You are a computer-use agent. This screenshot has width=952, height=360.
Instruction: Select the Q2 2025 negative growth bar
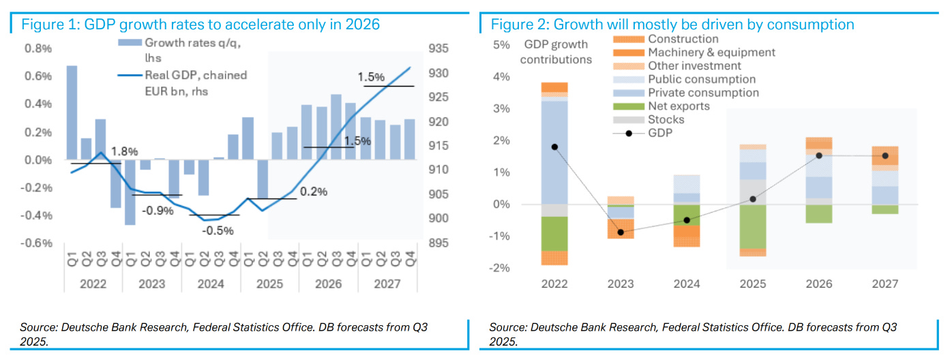pos(261,179)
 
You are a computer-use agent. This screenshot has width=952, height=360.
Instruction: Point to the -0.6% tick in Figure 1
pos(38,243)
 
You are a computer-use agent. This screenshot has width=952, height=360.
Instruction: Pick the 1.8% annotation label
pos(124,151)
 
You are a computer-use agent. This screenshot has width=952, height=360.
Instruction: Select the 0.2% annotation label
pos(313,192)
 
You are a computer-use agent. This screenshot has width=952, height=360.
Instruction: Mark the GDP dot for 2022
pos(554,147)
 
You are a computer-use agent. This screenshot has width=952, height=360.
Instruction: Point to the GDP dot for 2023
pos(621,232)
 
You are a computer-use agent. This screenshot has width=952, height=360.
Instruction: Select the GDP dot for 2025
pos(753,199)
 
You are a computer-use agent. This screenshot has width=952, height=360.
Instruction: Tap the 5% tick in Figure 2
pos(501,45)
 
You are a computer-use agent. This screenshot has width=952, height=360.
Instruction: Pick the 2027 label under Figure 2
pos(884,283)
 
